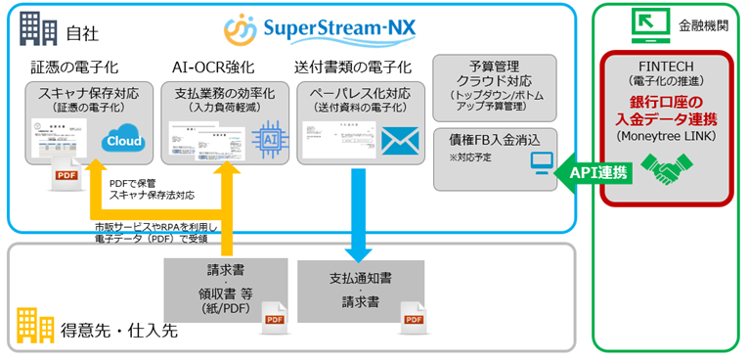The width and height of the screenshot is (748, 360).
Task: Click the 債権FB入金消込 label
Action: [x=488, y=137]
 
